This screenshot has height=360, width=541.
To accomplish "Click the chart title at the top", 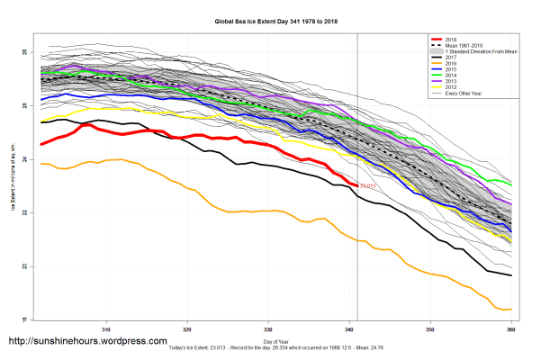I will click(271, 19).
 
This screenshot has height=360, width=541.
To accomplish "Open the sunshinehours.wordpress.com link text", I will click(87, 342).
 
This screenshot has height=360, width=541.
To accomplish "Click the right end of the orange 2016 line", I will click(511, 309).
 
